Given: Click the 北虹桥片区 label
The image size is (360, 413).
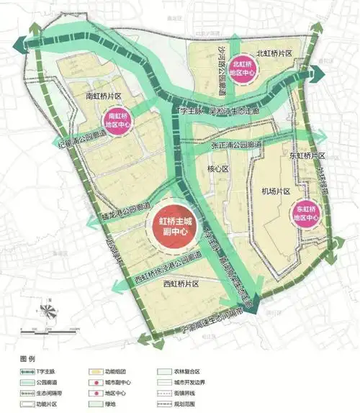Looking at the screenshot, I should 276,53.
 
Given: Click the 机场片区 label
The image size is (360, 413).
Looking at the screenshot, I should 274,191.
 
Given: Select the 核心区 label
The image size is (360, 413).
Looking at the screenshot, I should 216,170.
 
